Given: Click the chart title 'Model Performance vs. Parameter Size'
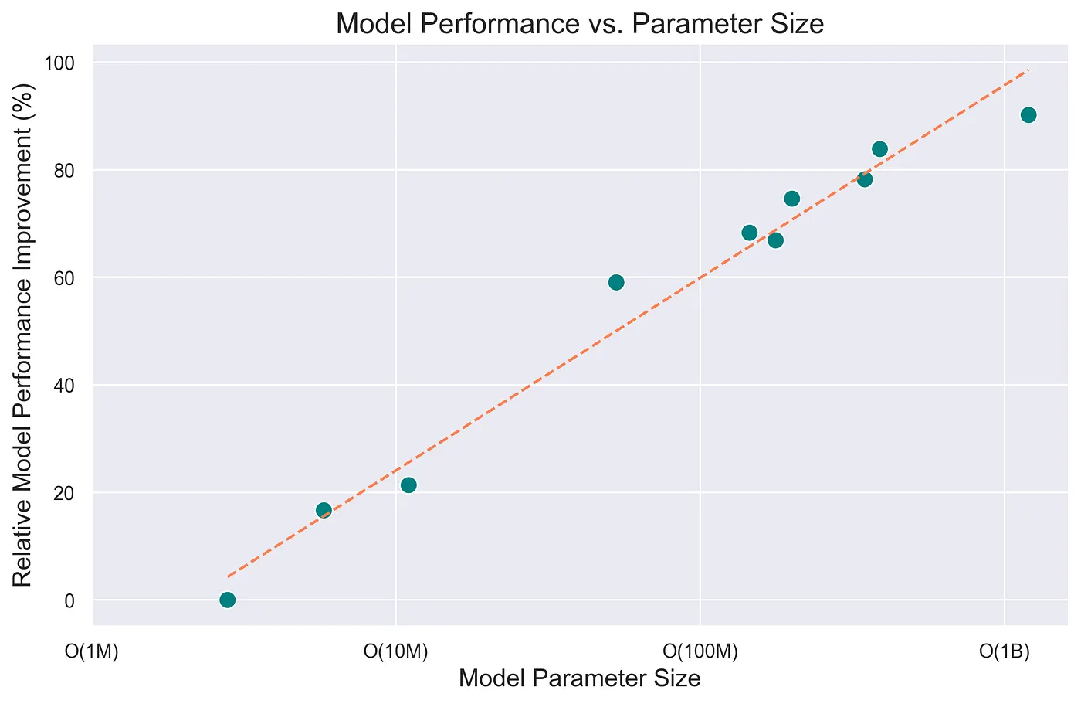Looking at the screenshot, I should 580,24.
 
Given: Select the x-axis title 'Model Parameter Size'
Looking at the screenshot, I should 580,678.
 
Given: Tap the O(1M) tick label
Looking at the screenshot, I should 92,651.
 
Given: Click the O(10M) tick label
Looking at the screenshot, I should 395,651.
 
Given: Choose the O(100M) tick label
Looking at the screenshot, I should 700,651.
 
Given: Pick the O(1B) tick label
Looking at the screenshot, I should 1005,651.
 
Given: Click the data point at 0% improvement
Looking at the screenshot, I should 227,600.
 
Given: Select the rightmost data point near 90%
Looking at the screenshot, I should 1028,115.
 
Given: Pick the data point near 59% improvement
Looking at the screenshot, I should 616,282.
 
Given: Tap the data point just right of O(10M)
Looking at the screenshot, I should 408,485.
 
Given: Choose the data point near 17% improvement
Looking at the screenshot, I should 324,510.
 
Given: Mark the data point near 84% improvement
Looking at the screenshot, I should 879,149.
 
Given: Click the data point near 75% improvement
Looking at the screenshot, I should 791,199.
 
